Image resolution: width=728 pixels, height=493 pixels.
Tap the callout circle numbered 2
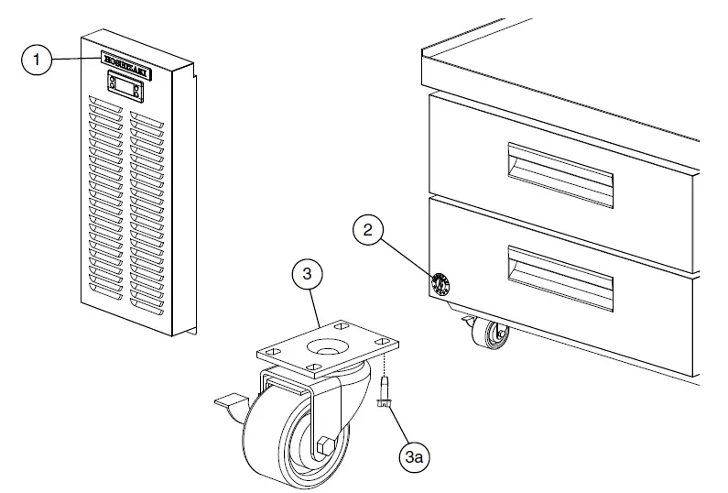(368, 231)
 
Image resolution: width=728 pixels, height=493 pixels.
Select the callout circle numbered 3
(309, 273)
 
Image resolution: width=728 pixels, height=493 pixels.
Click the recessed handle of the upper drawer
(560, 174)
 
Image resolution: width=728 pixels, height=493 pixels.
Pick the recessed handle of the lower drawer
(559, 278)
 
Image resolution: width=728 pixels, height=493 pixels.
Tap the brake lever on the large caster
(228, 400)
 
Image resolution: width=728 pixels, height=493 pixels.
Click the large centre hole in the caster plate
(326, 348)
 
